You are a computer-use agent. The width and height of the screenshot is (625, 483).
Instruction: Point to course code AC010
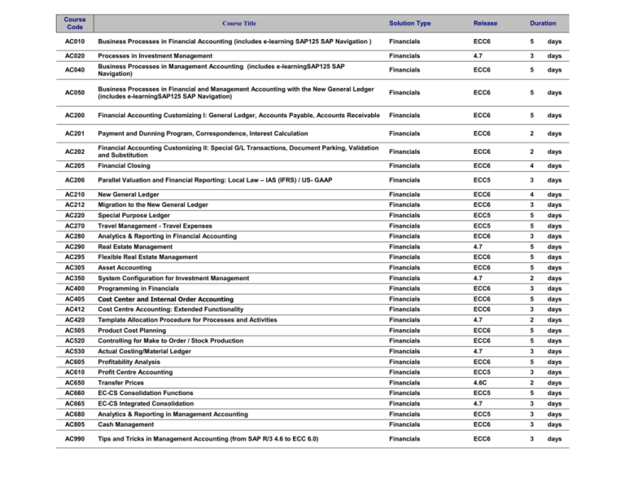tap(74, 41)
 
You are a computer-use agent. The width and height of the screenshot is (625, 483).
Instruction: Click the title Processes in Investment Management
tap(153, 55)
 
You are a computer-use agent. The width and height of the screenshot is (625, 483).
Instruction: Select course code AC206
tap(74, 180)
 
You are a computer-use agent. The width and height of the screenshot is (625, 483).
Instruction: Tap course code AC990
tap(74, 438)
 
